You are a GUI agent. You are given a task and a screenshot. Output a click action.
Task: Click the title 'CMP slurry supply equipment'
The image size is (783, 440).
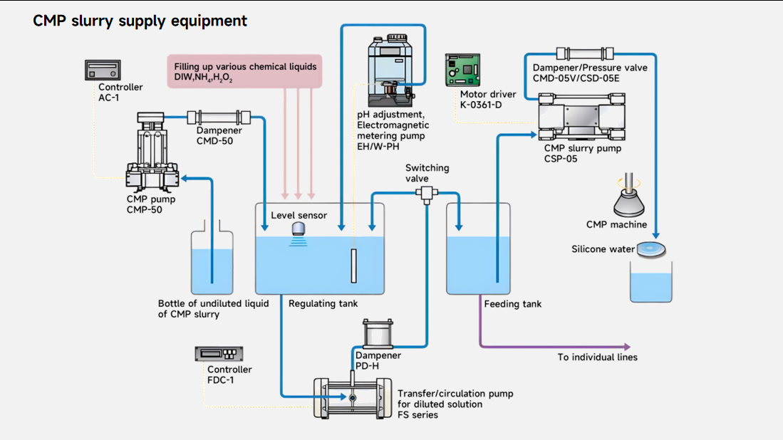(x=140, y=21)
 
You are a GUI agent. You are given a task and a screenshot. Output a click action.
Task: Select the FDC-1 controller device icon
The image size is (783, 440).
(x=219, y=354)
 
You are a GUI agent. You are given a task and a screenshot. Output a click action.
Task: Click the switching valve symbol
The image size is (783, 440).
(x=426, y=194)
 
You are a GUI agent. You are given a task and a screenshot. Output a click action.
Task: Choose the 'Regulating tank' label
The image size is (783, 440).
(x=323, y=304)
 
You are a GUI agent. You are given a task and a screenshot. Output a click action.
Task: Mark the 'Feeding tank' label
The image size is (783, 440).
(x=512, y=304)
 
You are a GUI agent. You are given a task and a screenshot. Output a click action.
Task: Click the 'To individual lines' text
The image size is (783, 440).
(x=597, y=357)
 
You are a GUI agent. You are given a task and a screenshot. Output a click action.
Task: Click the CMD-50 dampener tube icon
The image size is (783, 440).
(x=218, y=117)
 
